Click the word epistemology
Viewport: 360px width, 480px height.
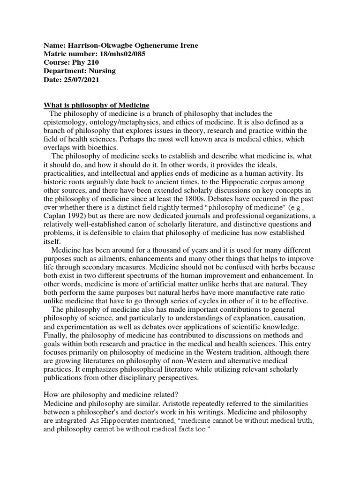(x=67, y=122)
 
